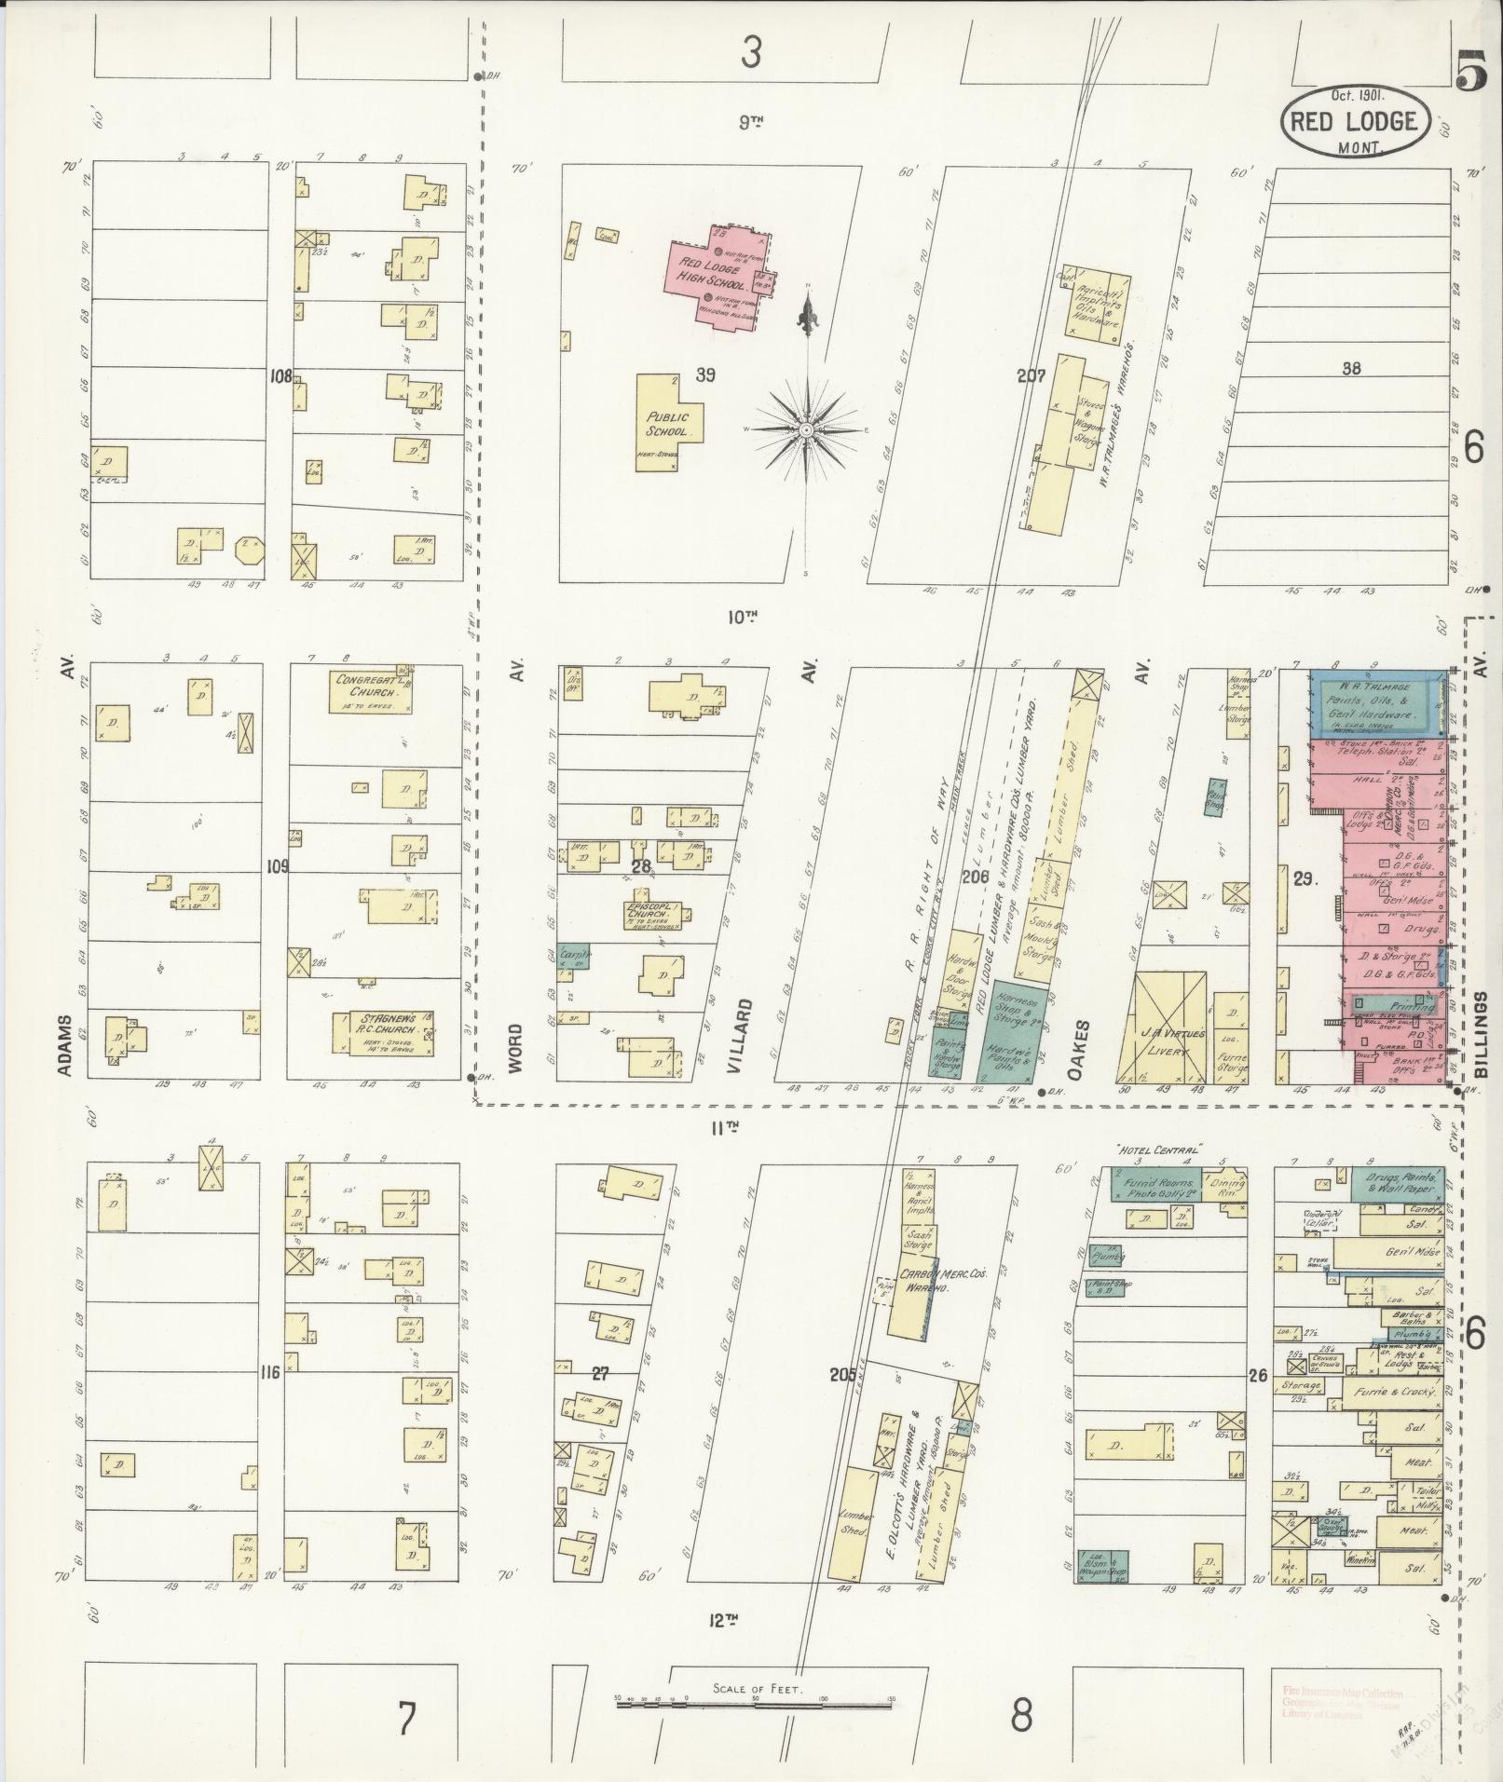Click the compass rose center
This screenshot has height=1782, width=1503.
(805, 429)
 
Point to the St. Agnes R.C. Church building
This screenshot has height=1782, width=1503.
(383, 1033)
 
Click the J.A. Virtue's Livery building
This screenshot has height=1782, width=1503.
(1168, 1026)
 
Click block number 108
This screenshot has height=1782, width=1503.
(280, 377)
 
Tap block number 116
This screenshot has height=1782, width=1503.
(271, 1372)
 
